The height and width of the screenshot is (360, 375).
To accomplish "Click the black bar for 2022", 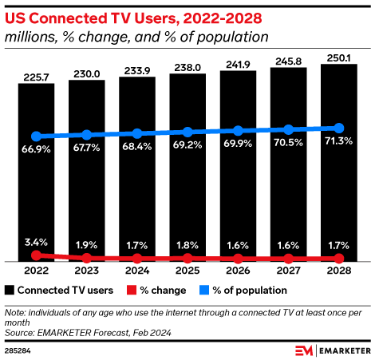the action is [36, 172].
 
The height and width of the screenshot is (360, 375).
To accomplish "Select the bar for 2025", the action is [187, 168].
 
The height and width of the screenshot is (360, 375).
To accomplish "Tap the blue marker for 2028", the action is [339, 129].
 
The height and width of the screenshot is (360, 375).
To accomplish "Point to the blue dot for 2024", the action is [137, 133].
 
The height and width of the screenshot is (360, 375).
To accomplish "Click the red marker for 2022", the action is [36, 255].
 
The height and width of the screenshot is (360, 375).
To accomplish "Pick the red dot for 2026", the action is [238, 258].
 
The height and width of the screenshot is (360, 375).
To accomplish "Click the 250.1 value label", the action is [339, 58].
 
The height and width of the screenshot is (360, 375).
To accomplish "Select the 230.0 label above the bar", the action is [87, 74].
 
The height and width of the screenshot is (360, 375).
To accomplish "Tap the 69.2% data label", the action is [187, 145].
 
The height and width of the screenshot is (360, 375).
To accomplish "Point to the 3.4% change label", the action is [36, 243].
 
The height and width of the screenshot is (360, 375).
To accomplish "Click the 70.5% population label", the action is [288, 143].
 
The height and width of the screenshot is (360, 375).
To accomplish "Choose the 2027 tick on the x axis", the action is [288, 271].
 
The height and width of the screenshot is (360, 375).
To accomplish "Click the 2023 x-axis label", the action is [87, 271].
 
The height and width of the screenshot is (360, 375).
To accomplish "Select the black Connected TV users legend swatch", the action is [10, 290].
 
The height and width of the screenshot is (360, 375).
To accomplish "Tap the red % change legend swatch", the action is [132, 290].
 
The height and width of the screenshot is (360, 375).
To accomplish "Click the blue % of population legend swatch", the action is [204, 290].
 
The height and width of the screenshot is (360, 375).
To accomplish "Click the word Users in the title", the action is [156, 18].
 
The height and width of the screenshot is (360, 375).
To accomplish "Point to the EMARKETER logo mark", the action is [304, 350].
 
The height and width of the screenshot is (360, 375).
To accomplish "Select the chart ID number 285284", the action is [18, 350].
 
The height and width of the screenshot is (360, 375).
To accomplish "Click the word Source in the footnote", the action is [19, 333].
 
